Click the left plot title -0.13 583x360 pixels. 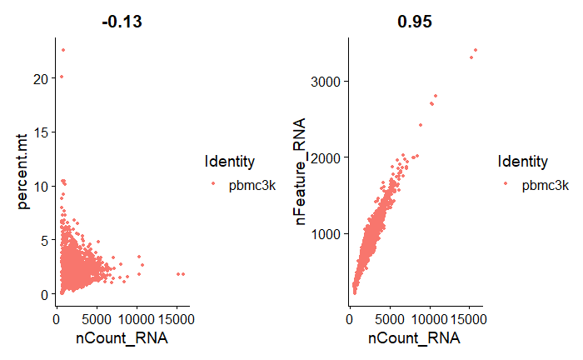pyautogui.click(x=122, y=22)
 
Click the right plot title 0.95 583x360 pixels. pyautogui.click(x=415, y=22)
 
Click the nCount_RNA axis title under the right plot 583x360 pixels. pyautogui.click(x=415, y=339)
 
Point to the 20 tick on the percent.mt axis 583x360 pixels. pyautogui.click(x=42, y=78)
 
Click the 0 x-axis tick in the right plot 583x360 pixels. pyautogui.click(x=350, y=317)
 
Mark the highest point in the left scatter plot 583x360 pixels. pyautogui.click(x=62, y=50)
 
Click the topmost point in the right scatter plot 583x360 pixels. pyautogui.click(x=476, y=50)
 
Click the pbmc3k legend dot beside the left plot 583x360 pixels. pyautogui.click(x=214, y=186)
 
